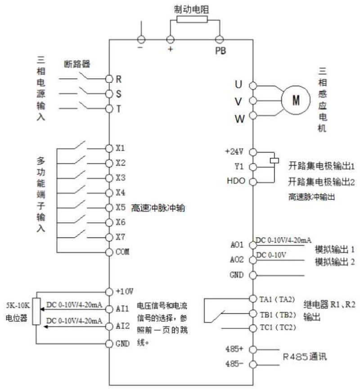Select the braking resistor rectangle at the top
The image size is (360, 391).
click(192, 19)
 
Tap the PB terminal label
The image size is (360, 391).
click(220, 50)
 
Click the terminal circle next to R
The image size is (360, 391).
click(109, 78)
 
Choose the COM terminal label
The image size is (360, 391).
click(122, 252)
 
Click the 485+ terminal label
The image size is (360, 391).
click(234, 348)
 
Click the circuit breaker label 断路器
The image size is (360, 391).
click(78, 64)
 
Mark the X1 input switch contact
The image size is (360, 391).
click(80, 145)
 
